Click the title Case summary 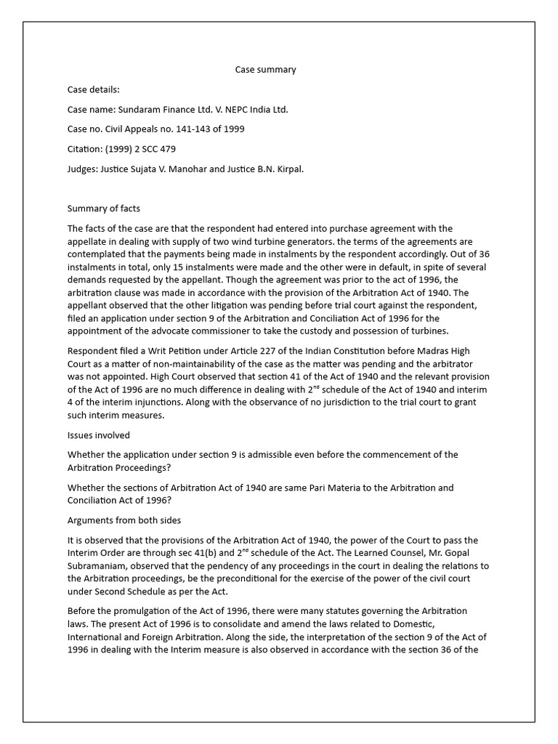pyautogui.click(x=265, y=70)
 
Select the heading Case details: pyautogui.click(x=93, y=89)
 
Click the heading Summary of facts pyautogui.click(x=104, y=209)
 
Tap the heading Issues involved pyautogui.click(x=99, y=435)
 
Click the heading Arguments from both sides pyautogui.click(x=124, y=521)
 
